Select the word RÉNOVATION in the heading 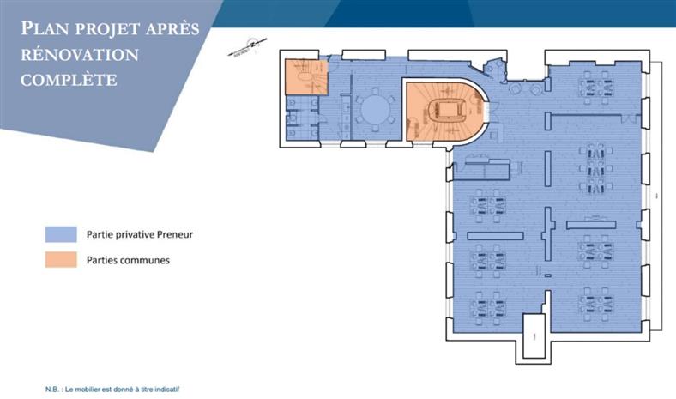click(80, 55)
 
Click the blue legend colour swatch click(62, 233)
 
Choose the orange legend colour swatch click(62, 260)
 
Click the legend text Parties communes click(128, 260)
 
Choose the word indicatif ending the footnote click(167, 389)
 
